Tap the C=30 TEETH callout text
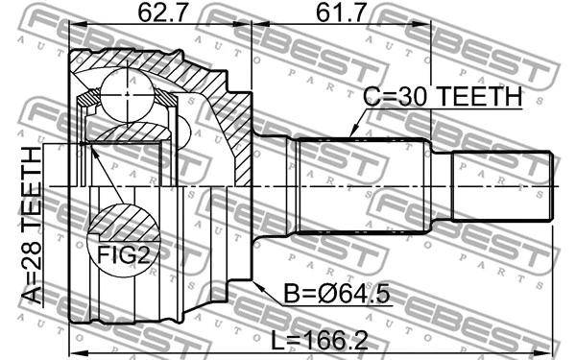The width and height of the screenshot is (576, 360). click(x=442, y=98)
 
